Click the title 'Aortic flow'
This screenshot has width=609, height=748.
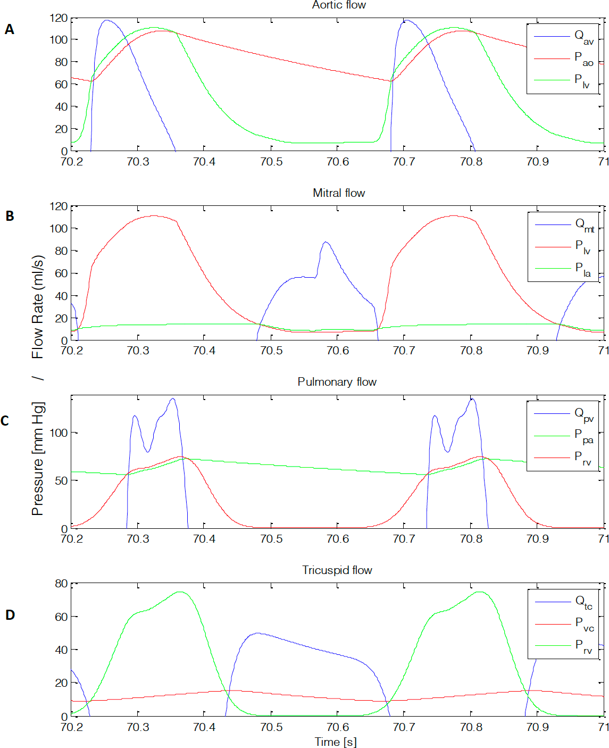tap(339, 5)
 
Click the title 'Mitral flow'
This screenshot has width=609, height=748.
tap(339, 193)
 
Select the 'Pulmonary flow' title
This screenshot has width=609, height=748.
tap(337, 382)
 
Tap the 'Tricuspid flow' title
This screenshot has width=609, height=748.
tap(337, 570)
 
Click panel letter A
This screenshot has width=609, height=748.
tap(10, 30)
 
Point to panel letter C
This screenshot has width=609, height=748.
tap(5, 421)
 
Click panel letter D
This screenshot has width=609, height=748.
tap(10, 615)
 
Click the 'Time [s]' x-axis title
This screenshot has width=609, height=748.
tap(336, 742)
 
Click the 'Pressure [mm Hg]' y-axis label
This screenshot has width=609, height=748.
tap(37, 459)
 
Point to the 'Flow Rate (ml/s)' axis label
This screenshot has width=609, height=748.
tap(37, 307)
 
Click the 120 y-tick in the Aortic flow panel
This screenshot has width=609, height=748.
tap(59, 19)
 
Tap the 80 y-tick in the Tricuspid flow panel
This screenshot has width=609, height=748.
tap(61, 584)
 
